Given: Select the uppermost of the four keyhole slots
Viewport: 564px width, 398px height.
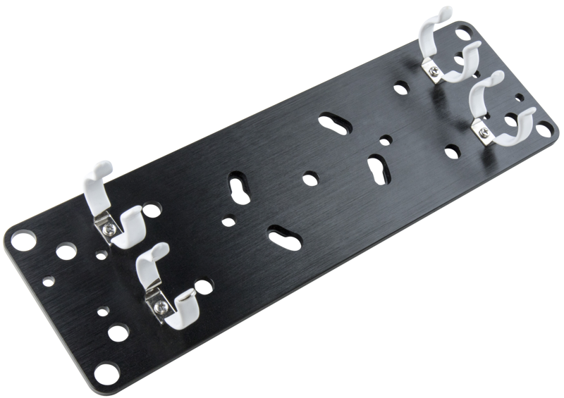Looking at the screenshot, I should [331, 123].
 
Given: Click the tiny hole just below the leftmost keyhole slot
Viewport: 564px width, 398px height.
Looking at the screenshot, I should [226, 221].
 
